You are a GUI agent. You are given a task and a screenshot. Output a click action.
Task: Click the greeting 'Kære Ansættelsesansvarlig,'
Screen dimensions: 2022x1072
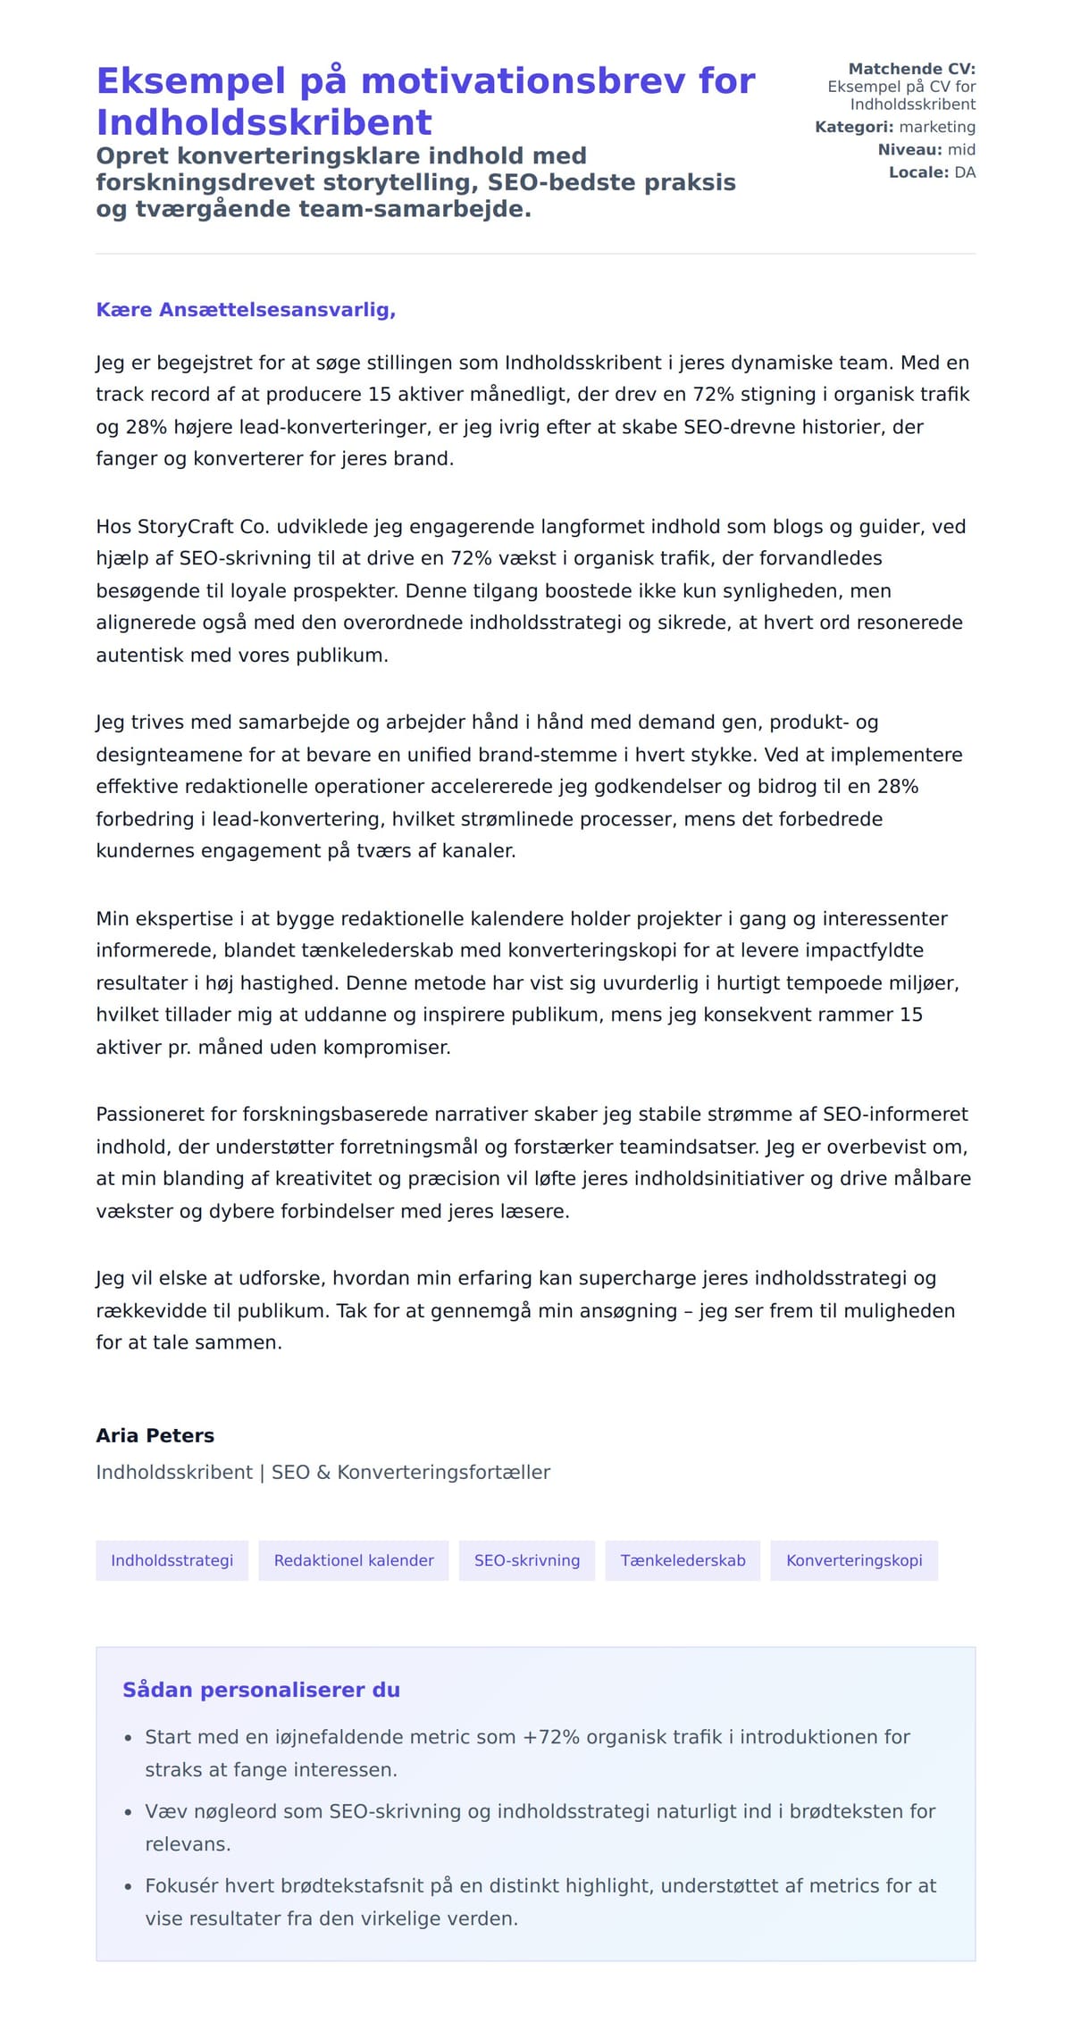(x=246, y=310)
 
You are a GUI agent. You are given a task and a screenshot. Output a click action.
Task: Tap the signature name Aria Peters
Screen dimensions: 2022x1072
(x=155, y=1435)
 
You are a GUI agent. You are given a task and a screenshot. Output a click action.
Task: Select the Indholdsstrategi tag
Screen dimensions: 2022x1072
(x=172, y=1560)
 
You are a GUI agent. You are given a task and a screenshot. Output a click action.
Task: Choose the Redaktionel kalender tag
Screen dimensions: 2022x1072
(x=354, y=1560)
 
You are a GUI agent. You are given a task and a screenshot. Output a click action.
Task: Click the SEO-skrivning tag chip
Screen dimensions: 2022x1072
(x=527, y=1560)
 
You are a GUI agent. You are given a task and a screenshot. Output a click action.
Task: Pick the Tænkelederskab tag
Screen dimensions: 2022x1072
(x=683, y=1560)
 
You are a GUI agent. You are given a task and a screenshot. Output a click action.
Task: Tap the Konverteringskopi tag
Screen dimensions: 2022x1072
(x=854, y=1560)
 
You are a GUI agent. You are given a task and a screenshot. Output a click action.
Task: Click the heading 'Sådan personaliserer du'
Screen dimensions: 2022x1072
(x=261, y=1690)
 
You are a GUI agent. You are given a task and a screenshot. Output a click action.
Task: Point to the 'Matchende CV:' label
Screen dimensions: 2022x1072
(x=911, y=69)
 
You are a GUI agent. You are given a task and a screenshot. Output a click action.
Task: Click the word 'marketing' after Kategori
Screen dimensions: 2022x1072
(x=937, y=127)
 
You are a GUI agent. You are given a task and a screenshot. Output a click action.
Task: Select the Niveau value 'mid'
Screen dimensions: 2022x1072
(x=961, y=150)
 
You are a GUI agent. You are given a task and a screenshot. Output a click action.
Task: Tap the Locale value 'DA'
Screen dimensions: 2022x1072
(x=965, y=172)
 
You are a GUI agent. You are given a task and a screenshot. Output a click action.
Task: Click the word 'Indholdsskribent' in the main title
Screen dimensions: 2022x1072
(x=264, y=122)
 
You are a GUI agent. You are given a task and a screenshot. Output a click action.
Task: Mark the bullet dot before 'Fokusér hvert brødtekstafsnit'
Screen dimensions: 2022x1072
(x=128, y=1886)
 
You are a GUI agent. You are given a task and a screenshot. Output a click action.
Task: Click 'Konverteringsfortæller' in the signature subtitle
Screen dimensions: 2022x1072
(x=443, y=1472)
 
